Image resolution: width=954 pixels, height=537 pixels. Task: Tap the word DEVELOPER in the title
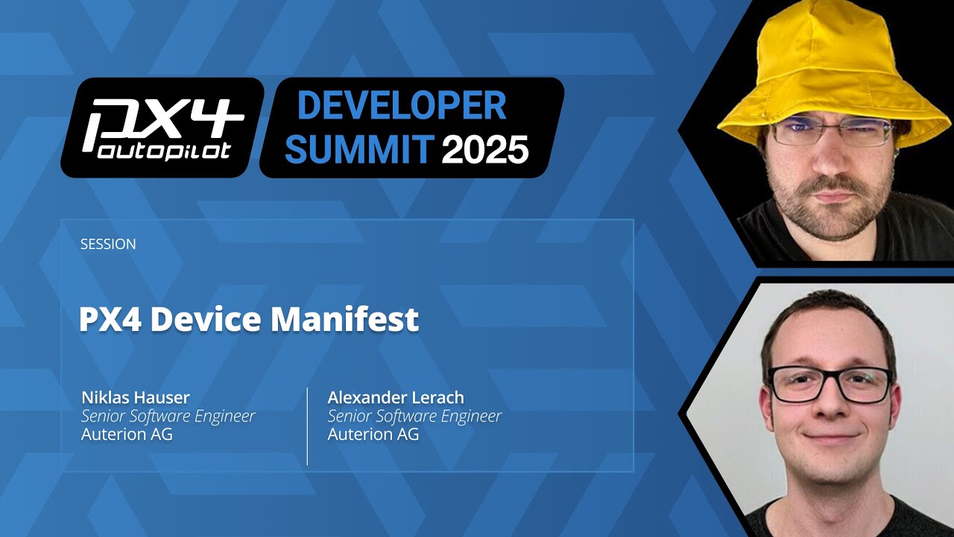402,106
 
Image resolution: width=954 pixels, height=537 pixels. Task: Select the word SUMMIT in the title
359,148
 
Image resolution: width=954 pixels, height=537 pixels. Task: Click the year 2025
484,149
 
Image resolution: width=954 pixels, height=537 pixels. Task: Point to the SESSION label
108,244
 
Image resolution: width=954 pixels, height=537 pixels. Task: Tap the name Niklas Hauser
136,397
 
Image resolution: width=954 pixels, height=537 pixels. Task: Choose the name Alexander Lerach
396,397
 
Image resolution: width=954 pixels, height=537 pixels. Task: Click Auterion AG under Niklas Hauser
127,434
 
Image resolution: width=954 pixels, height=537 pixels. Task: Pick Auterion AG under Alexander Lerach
373,434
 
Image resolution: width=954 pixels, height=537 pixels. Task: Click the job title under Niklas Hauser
168,415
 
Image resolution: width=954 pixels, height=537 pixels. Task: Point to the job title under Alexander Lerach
415,415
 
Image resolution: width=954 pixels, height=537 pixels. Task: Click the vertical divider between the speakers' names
307,426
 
